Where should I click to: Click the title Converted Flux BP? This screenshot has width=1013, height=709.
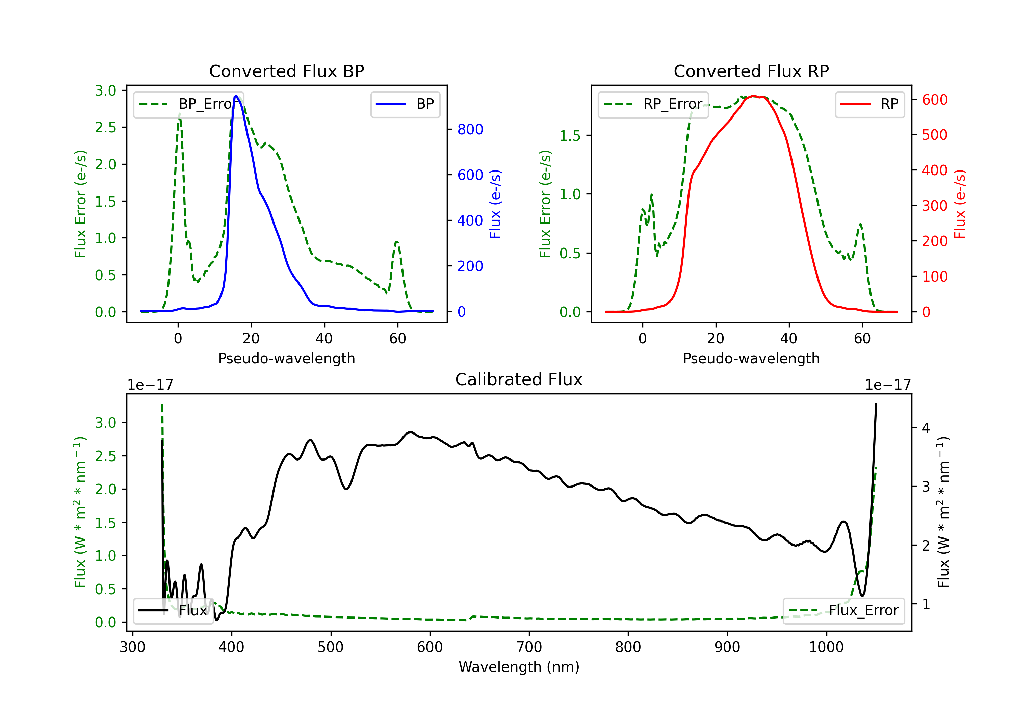pyautogui.click(x=286, y=71)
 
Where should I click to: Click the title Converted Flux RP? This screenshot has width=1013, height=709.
pyautogui.click(x=751, y=71)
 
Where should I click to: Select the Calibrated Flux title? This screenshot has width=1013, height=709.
pyautogui.click(x=519, y=379)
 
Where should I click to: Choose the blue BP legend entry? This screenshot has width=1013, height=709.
pyautogui.click(x=405, y=104)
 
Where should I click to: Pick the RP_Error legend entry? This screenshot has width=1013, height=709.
pyautogui.click(x=653, y=104)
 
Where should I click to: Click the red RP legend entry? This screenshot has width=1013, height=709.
pyautogui.click(x=869, y=104)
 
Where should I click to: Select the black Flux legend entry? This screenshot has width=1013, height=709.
pyautogui.click(x=174, y=611)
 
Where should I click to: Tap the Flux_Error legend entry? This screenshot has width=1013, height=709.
pyautogui.click(x=843, y=611)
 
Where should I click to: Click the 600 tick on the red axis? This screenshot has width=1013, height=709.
pyautogui.click(x=934, y=100)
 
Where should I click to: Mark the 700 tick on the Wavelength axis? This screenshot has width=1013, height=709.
pyautogui.click(x=529, y=647)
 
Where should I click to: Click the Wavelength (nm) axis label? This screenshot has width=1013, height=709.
pyautogui.click(x=519, y=667)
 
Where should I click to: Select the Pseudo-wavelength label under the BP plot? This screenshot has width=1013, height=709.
pyautogui.click(x=286, y=358)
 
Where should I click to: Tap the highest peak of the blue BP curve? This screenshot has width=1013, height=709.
pyautogui.click(x=236, y=96)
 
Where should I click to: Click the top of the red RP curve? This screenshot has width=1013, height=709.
pyautogui.click(x=754, y=96)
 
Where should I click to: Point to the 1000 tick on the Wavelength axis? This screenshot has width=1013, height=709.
pyautogui.click(x=826, y=647)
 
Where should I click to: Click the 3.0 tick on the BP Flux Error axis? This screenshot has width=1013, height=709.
pyautogui.click(x=105, y=90)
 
